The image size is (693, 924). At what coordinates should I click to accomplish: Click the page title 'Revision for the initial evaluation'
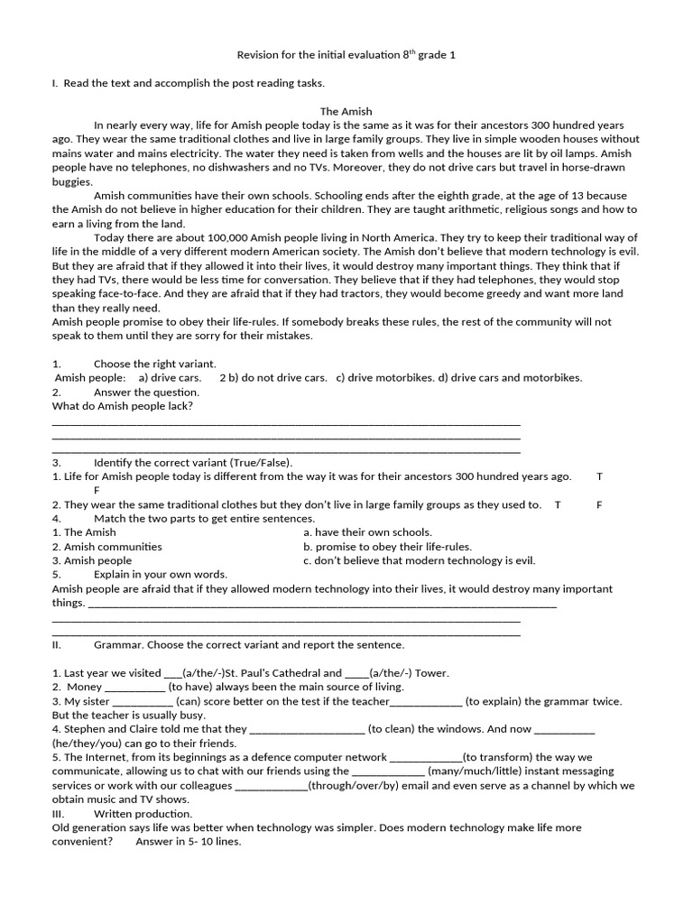316,55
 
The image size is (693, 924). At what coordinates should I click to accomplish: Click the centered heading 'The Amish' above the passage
346,111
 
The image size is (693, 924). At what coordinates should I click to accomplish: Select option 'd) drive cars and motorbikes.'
510,378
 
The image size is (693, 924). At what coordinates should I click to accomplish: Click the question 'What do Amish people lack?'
123,406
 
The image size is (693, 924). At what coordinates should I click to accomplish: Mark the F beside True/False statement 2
599,504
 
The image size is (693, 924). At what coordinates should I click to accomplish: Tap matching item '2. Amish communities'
106,547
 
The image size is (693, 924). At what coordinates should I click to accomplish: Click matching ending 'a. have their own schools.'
367,532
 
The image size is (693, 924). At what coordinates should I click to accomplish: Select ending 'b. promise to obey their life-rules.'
387,547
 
